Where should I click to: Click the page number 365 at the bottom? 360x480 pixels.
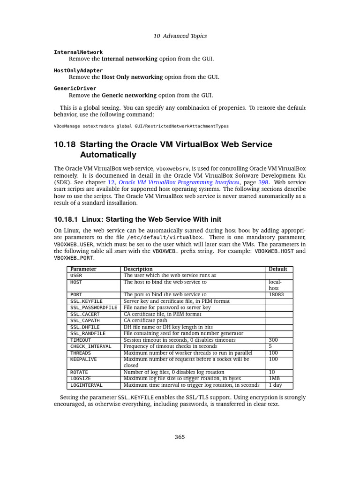[180, 437]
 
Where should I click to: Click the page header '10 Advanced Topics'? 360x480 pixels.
[180, 36]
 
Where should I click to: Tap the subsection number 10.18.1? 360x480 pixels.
[66, 219]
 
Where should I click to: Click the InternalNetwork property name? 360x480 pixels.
[78, 52]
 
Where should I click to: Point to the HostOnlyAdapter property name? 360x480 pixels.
[78, 70]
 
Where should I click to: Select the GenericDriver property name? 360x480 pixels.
[75, 88]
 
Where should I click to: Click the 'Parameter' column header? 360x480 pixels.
[83, 269]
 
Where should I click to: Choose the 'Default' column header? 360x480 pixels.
[278, 269]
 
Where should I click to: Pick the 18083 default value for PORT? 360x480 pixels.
[276, 294]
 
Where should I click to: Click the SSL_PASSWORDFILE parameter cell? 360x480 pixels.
[93, 307]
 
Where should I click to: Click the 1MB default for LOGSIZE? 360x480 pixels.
[274, 379]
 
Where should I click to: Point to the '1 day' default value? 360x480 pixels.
[276, 385]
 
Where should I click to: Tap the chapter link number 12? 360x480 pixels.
[112, 182]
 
